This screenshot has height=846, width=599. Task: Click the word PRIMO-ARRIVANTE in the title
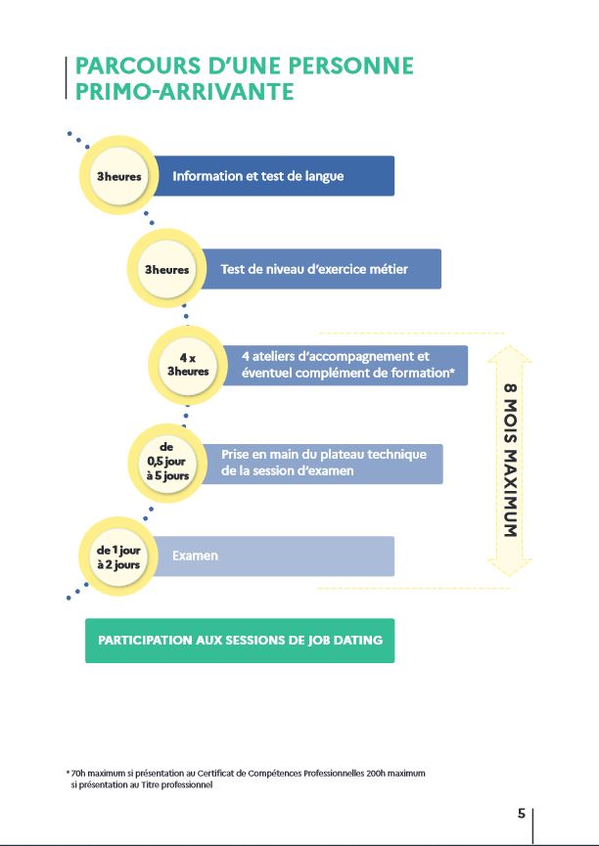click(184, 91)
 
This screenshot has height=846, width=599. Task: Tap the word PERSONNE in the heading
click(351, 66)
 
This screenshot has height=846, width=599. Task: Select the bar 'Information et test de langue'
click(273, 176)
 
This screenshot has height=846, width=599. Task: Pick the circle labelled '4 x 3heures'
click(188, 365)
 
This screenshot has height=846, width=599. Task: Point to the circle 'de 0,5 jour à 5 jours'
click(167, 462)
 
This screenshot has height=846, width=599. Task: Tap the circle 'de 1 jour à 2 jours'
click(118, 557)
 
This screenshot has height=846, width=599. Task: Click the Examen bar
click(273, 556)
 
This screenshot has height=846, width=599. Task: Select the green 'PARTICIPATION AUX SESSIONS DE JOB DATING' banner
click(240, 641)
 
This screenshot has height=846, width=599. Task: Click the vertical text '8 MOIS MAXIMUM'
click(510, 461)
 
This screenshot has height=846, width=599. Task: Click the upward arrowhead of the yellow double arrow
click(510, 354)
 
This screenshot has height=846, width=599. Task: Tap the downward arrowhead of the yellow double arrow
click(510, 567)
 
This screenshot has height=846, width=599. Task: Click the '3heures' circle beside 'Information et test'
click(118, 176)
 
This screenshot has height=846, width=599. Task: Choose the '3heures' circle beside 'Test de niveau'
click(167, 269)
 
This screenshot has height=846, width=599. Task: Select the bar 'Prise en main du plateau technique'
click(322, 464)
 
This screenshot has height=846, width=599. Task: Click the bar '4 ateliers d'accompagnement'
click(346, 365)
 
